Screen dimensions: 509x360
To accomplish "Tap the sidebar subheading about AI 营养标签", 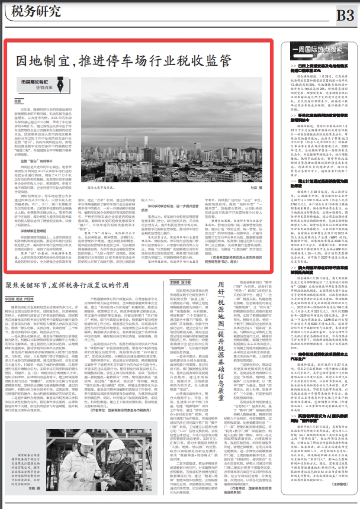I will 320,448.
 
